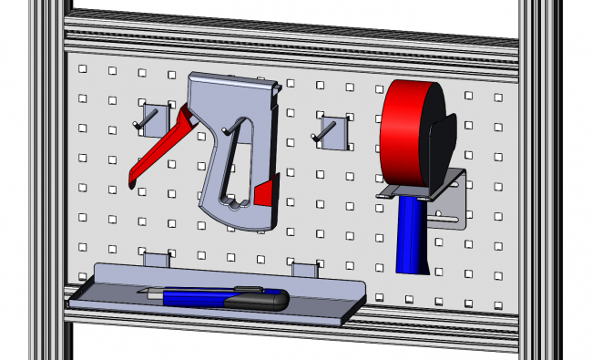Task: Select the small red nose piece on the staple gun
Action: (x=266, y=193)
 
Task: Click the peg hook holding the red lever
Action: (x=148, y=118)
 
